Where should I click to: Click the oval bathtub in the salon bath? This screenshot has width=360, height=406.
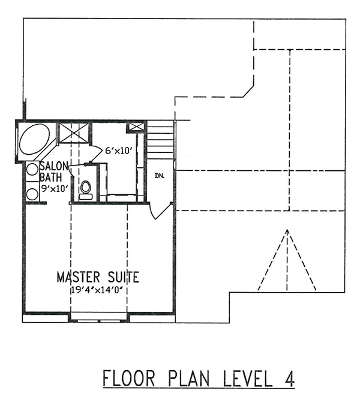tap(35, 140)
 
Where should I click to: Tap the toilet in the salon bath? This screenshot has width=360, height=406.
tap(86, 189)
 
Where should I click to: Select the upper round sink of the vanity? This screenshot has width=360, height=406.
tap(32, 170)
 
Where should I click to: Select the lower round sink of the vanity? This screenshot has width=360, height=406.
tap(32, 193)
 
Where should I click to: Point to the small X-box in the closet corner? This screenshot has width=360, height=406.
tap(136, 127)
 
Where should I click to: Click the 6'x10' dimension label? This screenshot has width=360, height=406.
tap(117, 152)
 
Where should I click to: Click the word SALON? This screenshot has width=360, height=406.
tap(55, 166)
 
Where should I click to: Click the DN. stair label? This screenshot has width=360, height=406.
tap(159, 176)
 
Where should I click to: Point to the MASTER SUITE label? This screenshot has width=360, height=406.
tap(98, 277)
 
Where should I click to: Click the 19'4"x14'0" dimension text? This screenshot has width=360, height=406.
tap(100, 290)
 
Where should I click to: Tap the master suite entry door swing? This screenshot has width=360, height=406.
tap(158, 210)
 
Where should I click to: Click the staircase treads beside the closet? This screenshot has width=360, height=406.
tap(161, 140)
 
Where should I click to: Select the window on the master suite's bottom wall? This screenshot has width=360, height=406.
tap(100, 318)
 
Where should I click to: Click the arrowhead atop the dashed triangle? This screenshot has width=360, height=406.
tap(287, 231)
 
